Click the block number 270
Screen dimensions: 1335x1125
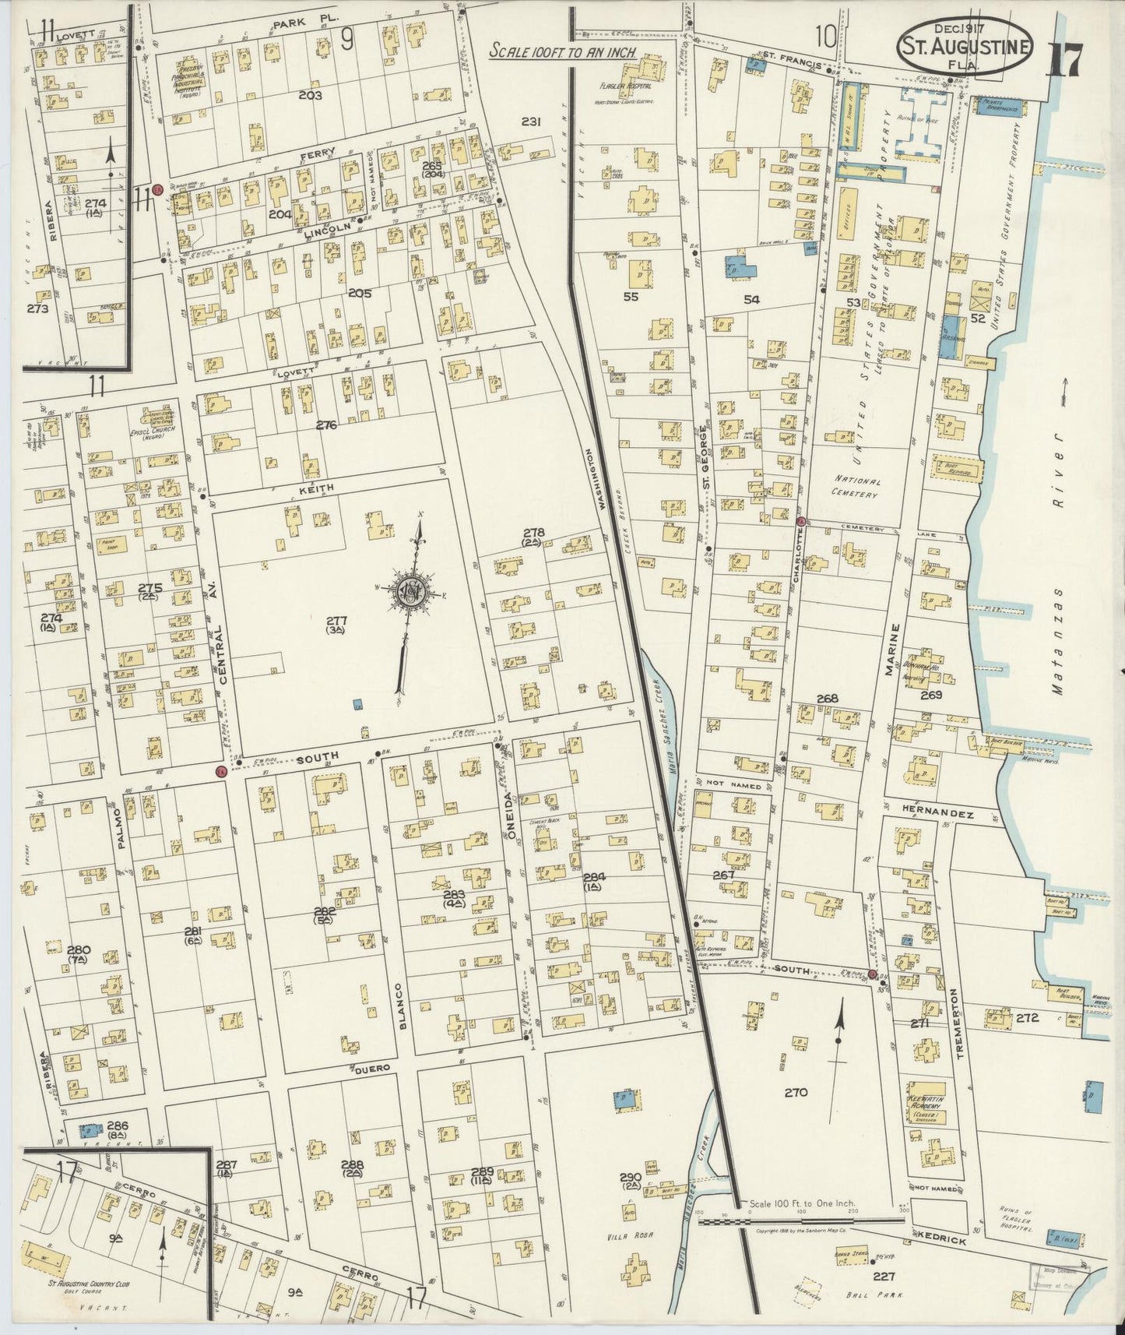point(796,1092)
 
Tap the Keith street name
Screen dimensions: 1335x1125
point(316,488)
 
